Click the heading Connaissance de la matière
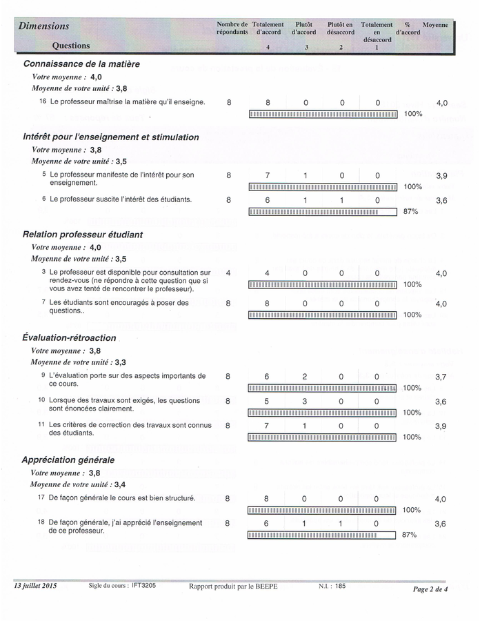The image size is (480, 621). tap(81, 64)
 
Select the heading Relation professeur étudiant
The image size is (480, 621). tap(83, 235)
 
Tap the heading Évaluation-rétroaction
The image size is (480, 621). tap(69, 338)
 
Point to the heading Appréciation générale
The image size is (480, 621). tap(68, 460)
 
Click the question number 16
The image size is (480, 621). tap(43, 102)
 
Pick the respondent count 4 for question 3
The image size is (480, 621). tap(228, 273)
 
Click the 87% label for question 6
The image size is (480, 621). tap(410, 212)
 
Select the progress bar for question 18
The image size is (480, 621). tap(322, 535)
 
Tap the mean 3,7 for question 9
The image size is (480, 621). tap(441, 377)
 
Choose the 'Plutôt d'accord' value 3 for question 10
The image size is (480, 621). tap(305, 401)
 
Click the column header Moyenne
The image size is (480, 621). tap(435, 25)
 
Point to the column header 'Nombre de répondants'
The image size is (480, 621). tap(232, 28)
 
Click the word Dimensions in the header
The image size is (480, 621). tap(44, 26)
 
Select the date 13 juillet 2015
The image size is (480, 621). tap(36, 586)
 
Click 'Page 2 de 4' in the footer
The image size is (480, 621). tap(430, 589)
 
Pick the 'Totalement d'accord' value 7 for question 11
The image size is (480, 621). tap(267, 426)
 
